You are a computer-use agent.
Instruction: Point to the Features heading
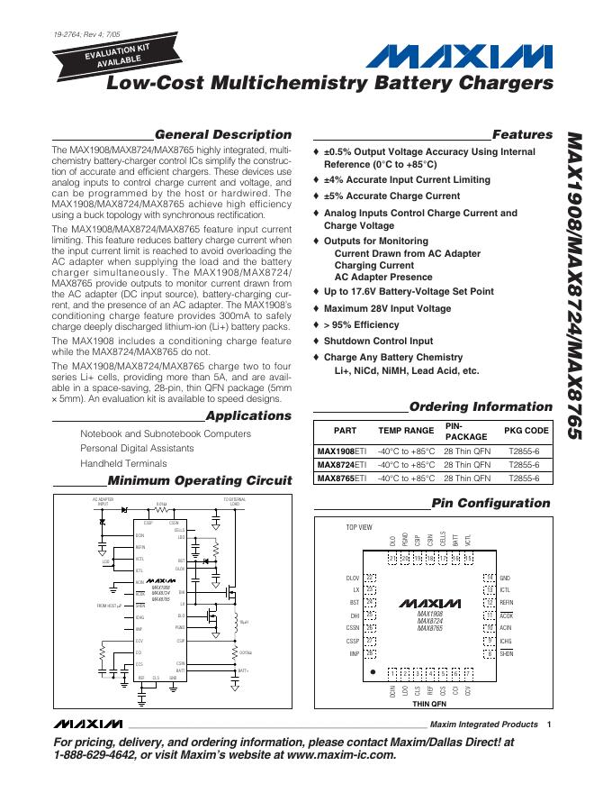tap(522, 134)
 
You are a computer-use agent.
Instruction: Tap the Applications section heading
tap(248, 415)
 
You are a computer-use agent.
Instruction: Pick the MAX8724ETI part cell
tap(341, 464)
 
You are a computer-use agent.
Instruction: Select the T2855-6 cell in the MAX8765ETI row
tap(524, 479)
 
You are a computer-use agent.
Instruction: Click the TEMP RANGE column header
tap(405, 431)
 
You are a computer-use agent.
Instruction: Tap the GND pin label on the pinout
tap(505, 578)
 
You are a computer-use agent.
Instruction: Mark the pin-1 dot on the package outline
tap(368, 670)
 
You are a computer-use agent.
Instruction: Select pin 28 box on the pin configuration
tap(392, 559)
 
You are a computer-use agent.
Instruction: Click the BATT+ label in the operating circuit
tap(242, 670)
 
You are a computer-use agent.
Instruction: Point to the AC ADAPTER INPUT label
tap(103, 502)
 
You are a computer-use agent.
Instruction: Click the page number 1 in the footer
tap(547, 725)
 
